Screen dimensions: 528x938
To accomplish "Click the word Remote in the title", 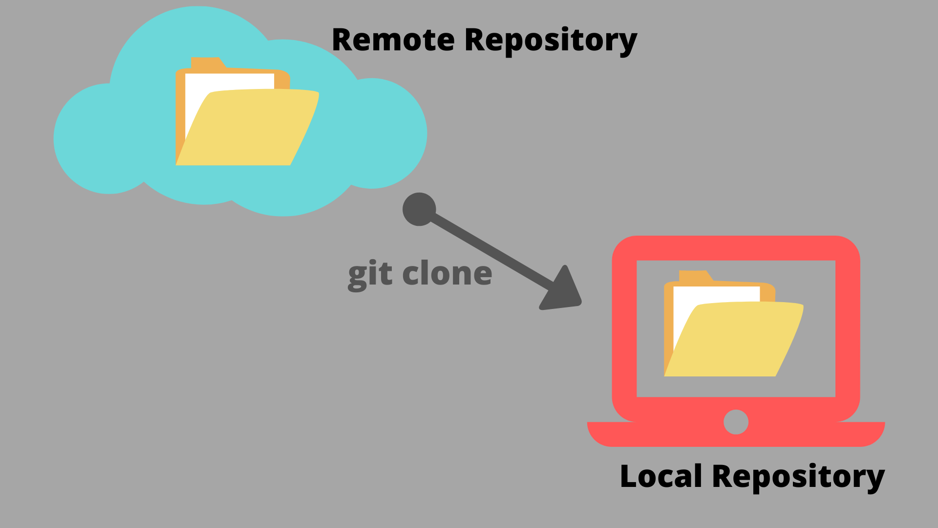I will coord(393,40).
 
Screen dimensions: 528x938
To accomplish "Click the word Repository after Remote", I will coord(551,41).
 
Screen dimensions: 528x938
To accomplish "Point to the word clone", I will coord(447,274).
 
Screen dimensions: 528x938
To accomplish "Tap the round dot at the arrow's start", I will coord(419,209).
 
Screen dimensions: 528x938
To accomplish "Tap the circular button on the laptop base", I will coord(736,422).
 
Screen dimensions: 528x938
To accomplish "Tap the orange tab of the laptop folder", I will coord(693,276).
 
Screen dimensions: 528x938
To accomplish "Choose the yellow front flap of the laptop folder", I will coord(738,342).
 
